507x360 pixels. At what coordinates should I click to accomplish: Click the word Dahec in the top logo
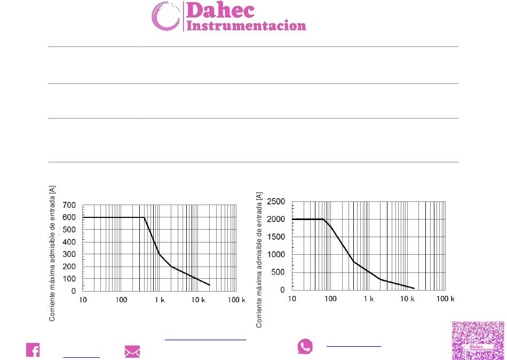(220, 10)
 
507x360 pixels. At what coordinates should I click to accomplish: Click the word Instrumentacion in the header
(247, 26)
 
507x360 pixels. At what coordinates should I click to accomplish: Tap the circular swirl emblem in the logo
(165, 16)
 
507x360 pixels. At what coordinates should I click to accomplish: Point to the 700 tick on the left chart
(69, 205)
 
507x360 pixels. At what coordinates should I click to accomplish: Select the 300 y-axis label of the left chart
(69, 254)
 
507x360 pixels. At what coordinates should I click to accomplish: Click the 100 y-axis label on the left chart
(69, 279)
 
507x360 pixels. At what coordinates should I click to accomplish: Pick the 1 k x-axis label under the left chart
(160, 300)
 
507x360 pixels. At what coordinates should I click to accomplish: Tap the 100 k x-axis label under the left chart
(236, 300)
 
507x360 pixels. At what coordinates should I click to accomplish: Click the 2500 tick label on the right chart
(276, 202)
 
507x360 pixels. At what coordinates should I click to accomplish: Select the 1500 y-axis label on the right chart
(276, 237)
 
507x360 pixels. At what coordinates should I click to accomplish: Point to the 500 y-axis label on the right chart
(278, 272)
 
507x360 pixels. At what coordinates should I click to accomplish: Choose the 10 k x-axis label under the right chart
(407, 299)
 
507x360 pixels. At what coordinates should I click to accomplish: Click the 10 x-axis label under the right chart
(292, 299)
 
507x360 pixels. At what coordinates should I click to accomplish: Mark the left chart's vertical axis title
(52, 254)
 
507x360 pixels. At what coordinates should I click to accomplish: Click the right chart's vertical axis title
(259, 260)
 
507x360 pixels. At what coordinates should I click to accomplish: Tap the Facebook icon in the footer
(33, 350)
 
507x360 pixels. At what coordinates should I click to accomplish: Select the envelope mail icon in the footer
(132, 351)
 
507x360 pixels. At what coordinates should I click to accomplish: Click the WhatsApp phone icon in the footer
(305, 346)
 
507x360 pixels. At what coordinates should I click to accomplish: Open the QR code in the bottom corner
(478, 341)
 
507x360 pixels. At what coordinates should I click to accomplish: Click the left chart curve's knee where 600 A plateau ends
(144, 217)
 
